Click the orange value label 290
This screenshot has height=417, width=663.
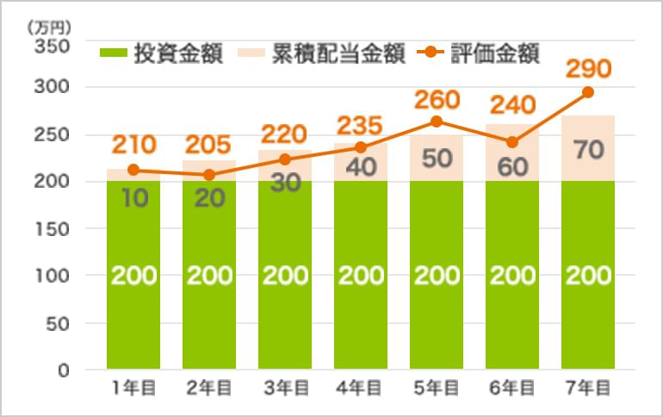587,67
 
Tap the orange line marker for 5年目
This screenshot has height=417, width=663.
437,121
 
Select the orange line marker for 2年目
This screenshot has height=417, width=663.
209,175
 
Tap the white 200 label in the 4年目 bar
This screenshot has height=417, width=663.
361,276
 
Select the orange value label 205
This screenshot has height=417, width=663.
209,143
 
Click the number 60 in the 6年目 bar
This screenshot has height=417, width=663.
512,166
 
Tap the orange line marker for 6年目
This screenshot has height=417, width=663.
512,142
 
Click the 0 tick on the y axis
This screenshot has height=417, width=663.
63,370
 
